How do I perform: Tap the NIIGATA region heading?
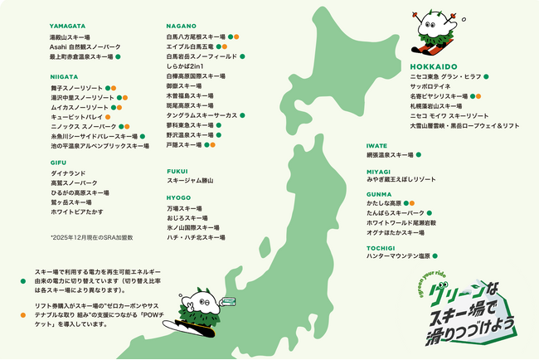pos(65,76)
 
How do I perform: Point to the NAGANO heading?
pos(180,27)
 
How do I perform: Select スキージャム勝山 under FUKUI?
pos(190,180)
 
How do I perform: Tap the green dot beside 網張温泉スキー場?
pos(419,154)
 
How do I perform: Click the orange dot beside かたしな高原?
pos(412,202)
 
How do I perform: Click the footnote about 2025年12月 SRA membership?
pos(91,236)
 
